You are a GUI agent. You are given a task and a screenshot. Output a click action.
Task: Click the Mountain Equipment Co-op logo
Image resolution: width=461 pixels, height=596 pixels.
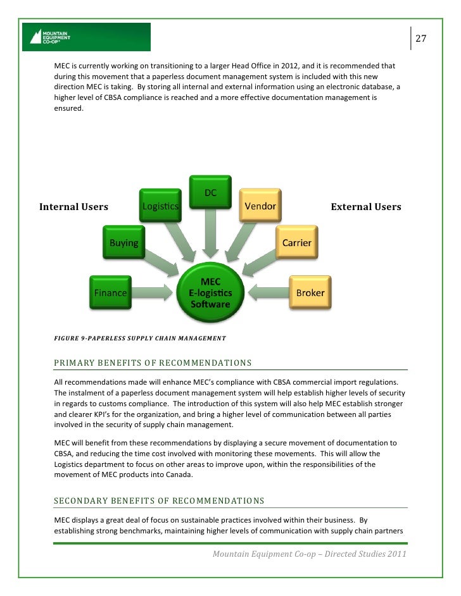coord(86,37)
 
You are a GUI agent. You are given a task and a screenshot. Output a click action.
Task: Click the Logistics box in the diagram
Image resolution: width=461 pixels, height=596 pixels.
coord(160,206)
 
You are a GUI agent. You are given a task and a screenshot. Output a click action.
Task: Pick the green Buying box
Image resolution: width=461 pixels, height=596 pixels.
coord(124,242)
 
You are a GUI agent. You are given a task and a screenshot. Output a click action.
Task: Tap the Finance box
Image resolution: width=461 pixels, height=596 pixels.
coord(110,293)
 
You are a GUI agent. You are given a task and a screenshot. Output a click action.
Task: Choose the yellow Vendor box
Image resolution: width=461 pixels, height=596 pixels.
coord(260,206)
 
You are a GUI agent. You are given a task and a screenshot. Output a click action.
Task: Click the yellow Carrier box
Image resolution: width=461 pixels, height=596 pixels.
coord(296,242)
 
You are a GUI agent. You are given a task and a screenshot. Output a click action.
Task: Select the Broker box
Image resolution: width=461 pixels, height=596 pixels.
coord(310,293)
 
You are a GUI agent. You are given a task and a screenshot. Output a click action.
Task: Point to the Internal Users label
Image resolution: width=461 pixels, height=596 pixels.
coord(73,207)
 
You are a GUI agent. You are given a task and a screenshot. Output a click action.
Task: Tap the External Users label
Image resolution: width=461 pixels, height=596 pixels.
coord(366,207)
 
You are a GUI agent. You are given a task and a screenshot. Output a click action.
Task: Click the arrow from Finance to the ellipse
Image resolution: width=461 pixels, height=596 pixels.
coord(152,292)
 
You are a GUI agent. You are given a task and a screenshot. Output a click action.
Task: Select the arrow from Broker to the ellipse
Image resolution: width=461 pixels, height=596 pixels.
coord(268,292)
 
